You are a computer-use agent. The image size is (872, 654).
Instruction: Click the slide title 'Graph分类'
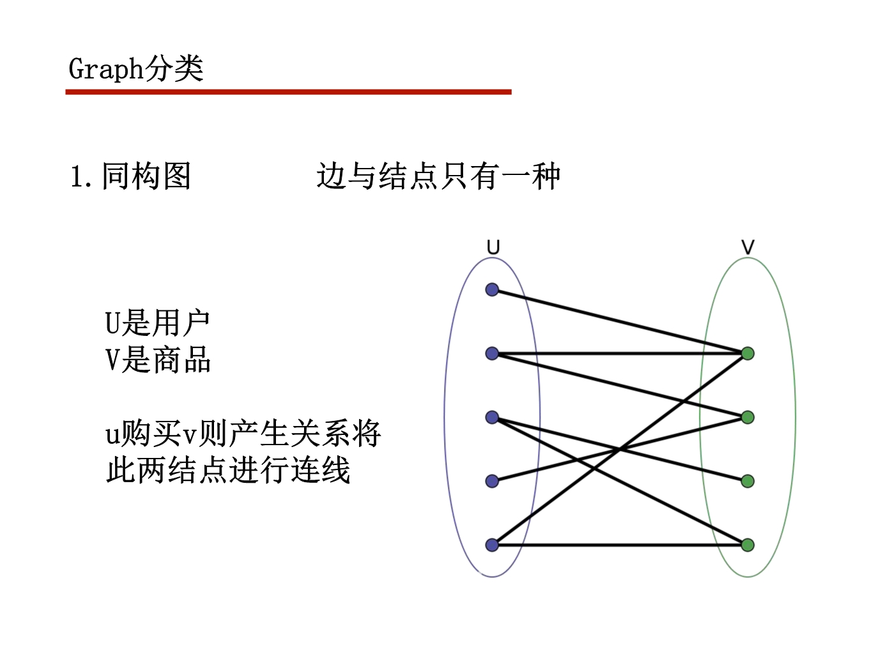(x=135, y=68)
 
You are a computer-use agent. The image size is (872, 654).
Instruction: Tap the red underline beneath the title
(x=288, y=92)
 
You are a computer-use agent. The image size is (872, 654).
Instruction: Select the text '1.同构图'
(x=130, y=176)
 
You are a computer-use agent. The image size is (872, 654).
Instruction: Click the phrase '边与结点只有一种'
(x=438, y=176)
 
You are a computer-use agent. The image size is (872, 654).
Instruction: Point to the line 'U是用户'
(x=157, y=323)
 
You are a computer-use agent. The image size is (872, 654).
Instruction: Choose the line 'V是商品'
(x=157, y=360)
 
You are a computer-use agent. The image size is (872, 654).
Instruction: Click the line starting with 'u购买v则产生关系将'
(x=243, y=434)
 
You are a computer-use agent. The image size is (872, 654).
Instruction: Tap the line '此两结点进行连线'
(x=227, y=471)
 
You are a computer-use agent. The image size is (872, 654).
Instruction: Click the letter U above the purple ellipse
(x=493, y=247)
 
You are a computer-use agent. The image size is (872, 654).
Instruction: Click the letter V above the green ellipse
(x=747, y=247)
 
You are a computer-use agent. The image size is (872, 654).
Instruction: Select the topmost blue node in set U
(x=492, y=290)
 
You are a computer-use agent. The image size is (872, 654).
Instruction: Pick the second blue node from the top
(x=492, y=353)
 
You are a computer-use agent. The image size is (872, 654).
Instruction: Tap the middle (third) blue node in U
(x=492, y=417)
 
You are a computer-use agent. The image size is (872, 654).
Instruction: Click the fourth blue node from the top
(x=492, y=481)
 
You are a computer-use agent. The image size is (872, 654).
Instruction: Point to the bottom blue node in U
(x=492, y=545)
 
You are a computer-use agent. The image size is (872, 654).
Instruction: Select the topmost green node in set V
(x=747, y=353)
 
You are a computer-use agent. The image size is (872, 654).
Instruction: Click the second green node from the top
(x=747, y=417)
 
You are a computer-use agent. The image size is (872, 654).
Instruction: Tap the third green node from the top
(x=747, y=481)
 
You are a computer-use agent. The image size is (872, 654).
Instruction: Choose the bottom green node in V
(x=747, y=545)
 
